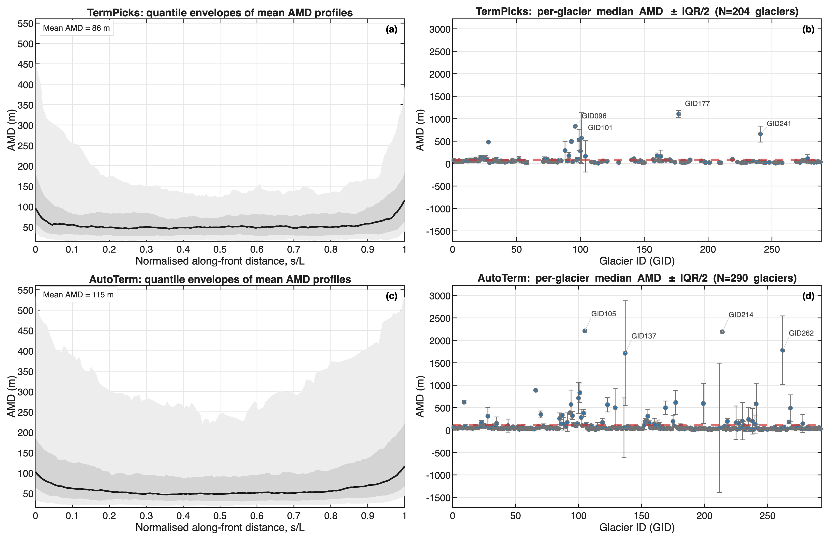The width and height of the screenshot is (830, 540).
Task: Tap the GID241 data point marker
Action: coord(760,134)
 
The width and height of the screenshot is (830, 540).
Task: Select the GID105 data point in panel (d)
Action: coord(585,331)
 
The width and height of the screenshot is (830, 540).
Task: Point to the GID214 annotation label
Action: coord(741,315)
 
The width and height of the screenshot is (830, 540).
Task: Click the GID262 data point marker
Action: coord(783,350)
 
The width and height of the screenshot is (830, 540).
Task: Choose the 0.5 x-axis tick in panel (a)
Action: coord(220,249)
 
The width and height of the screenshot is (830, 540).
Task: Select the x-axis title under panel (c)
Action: coord(220,527)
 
